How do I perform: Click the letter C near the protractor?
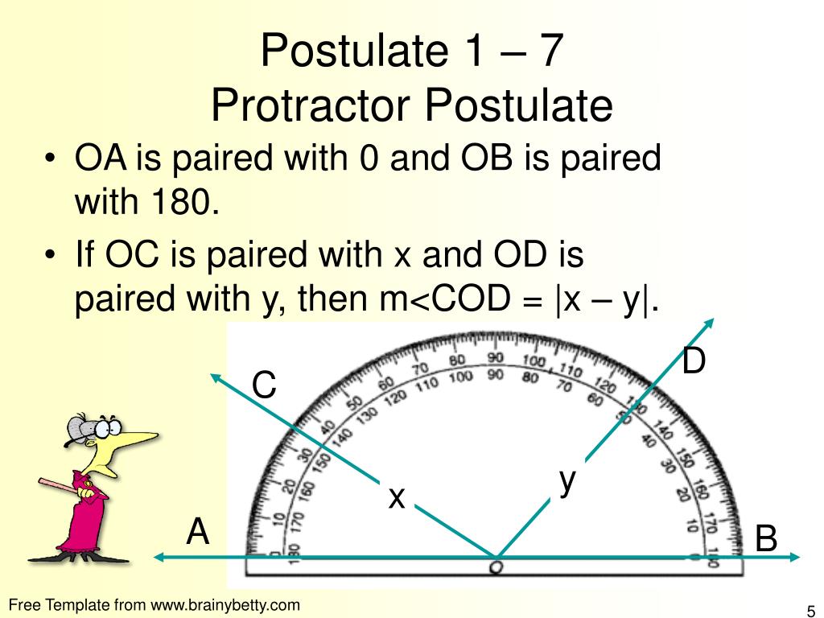click(x=264, y=386)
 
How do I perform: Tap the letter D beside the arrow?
click(x=694, y=361)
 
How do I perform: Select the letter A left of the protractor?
click(x=198, y=532)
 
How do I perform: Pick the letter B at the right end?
click(x=766, y=539)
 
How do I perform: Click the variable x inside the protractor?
click(x=396, y=498)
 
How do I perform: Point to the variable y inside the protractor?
click(x=568, y=480)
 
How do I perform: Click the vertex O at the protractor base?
click(x=496, y=567)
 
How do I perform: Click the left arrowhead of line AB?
click(x=159, y=557)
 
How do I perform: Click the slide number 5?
click(x=809, y=609)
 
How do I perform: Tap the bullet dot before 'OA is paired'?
click(x=51, y=159)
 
